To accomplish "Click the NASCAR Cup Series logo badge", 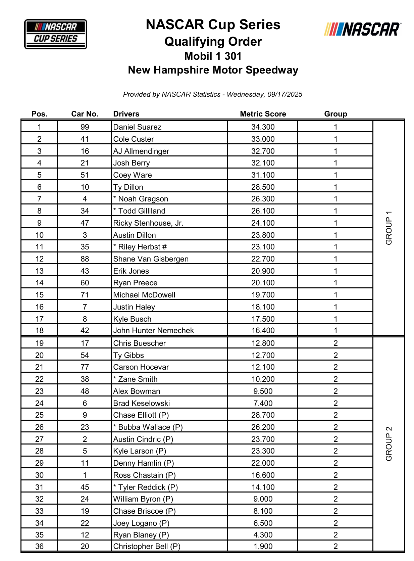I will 55,34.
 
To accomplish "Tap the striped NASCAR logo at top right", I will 362,29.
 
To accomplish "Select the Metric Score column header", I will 263,114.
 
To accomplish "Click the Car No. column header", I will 85,114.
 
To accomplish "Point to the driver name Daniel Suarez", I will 137,127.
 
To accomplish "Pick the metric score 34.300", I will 263,127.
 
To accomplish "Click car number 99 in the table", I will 85,127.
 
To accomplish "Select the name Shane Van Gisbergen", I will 151,259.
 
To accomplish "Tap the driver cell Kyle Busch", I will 132,319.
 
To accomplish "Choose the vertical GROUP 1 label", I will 389,228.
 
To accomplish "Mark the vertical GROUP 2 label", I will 389,443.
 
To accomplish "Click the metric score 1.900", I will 263,546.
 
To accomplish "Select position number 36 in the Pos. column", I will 39,546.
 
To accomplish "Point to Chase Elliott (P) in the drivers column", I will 141,415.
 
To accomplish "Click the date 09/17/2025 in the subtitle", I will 285,94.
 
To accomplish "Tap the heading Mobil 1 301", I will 213,56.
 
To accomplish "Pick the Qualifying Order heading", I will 213,42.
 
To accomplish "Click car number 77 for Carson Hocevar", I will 85,367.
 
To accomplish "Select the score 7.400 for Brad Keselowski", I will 263,403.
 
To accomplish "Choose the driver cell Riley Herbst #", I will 140,247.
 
